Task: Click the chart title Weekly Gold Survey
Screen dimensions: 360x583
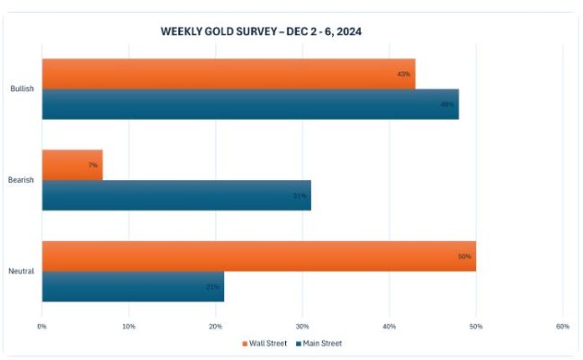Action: click(261, 31)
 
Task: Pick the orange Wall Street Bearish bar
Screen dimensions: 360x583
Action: click(72, 165)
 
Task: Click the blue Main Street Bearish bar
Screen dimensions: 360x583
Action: click(176, 195)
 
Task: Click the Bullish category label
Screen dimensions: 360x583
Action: click(22, 89)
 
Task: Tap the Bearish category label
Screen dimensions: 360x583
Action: click(22, 180)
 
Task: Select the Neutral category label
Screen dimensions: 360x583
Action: click(22, 271)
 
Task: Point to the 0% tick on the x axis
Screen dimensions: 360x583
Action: click(41, 326)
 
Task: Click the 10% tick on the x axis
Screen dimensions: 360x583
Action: click(129, 326)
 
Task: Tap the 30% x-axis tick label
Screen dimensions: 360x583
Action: click(302, 326)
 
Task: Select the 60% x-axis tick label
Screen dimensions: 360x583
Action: click(562, 326)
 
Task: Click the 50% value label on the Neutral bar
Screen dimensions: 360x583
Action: click(464, 256)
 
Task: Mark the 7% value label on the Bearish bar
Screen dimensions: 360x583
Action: click(93, 165)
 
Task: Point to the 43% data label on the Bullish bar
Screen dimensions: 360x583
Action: click(403, 74)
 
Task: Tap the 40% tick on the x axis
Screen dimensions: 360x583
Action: click(389, 326)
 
